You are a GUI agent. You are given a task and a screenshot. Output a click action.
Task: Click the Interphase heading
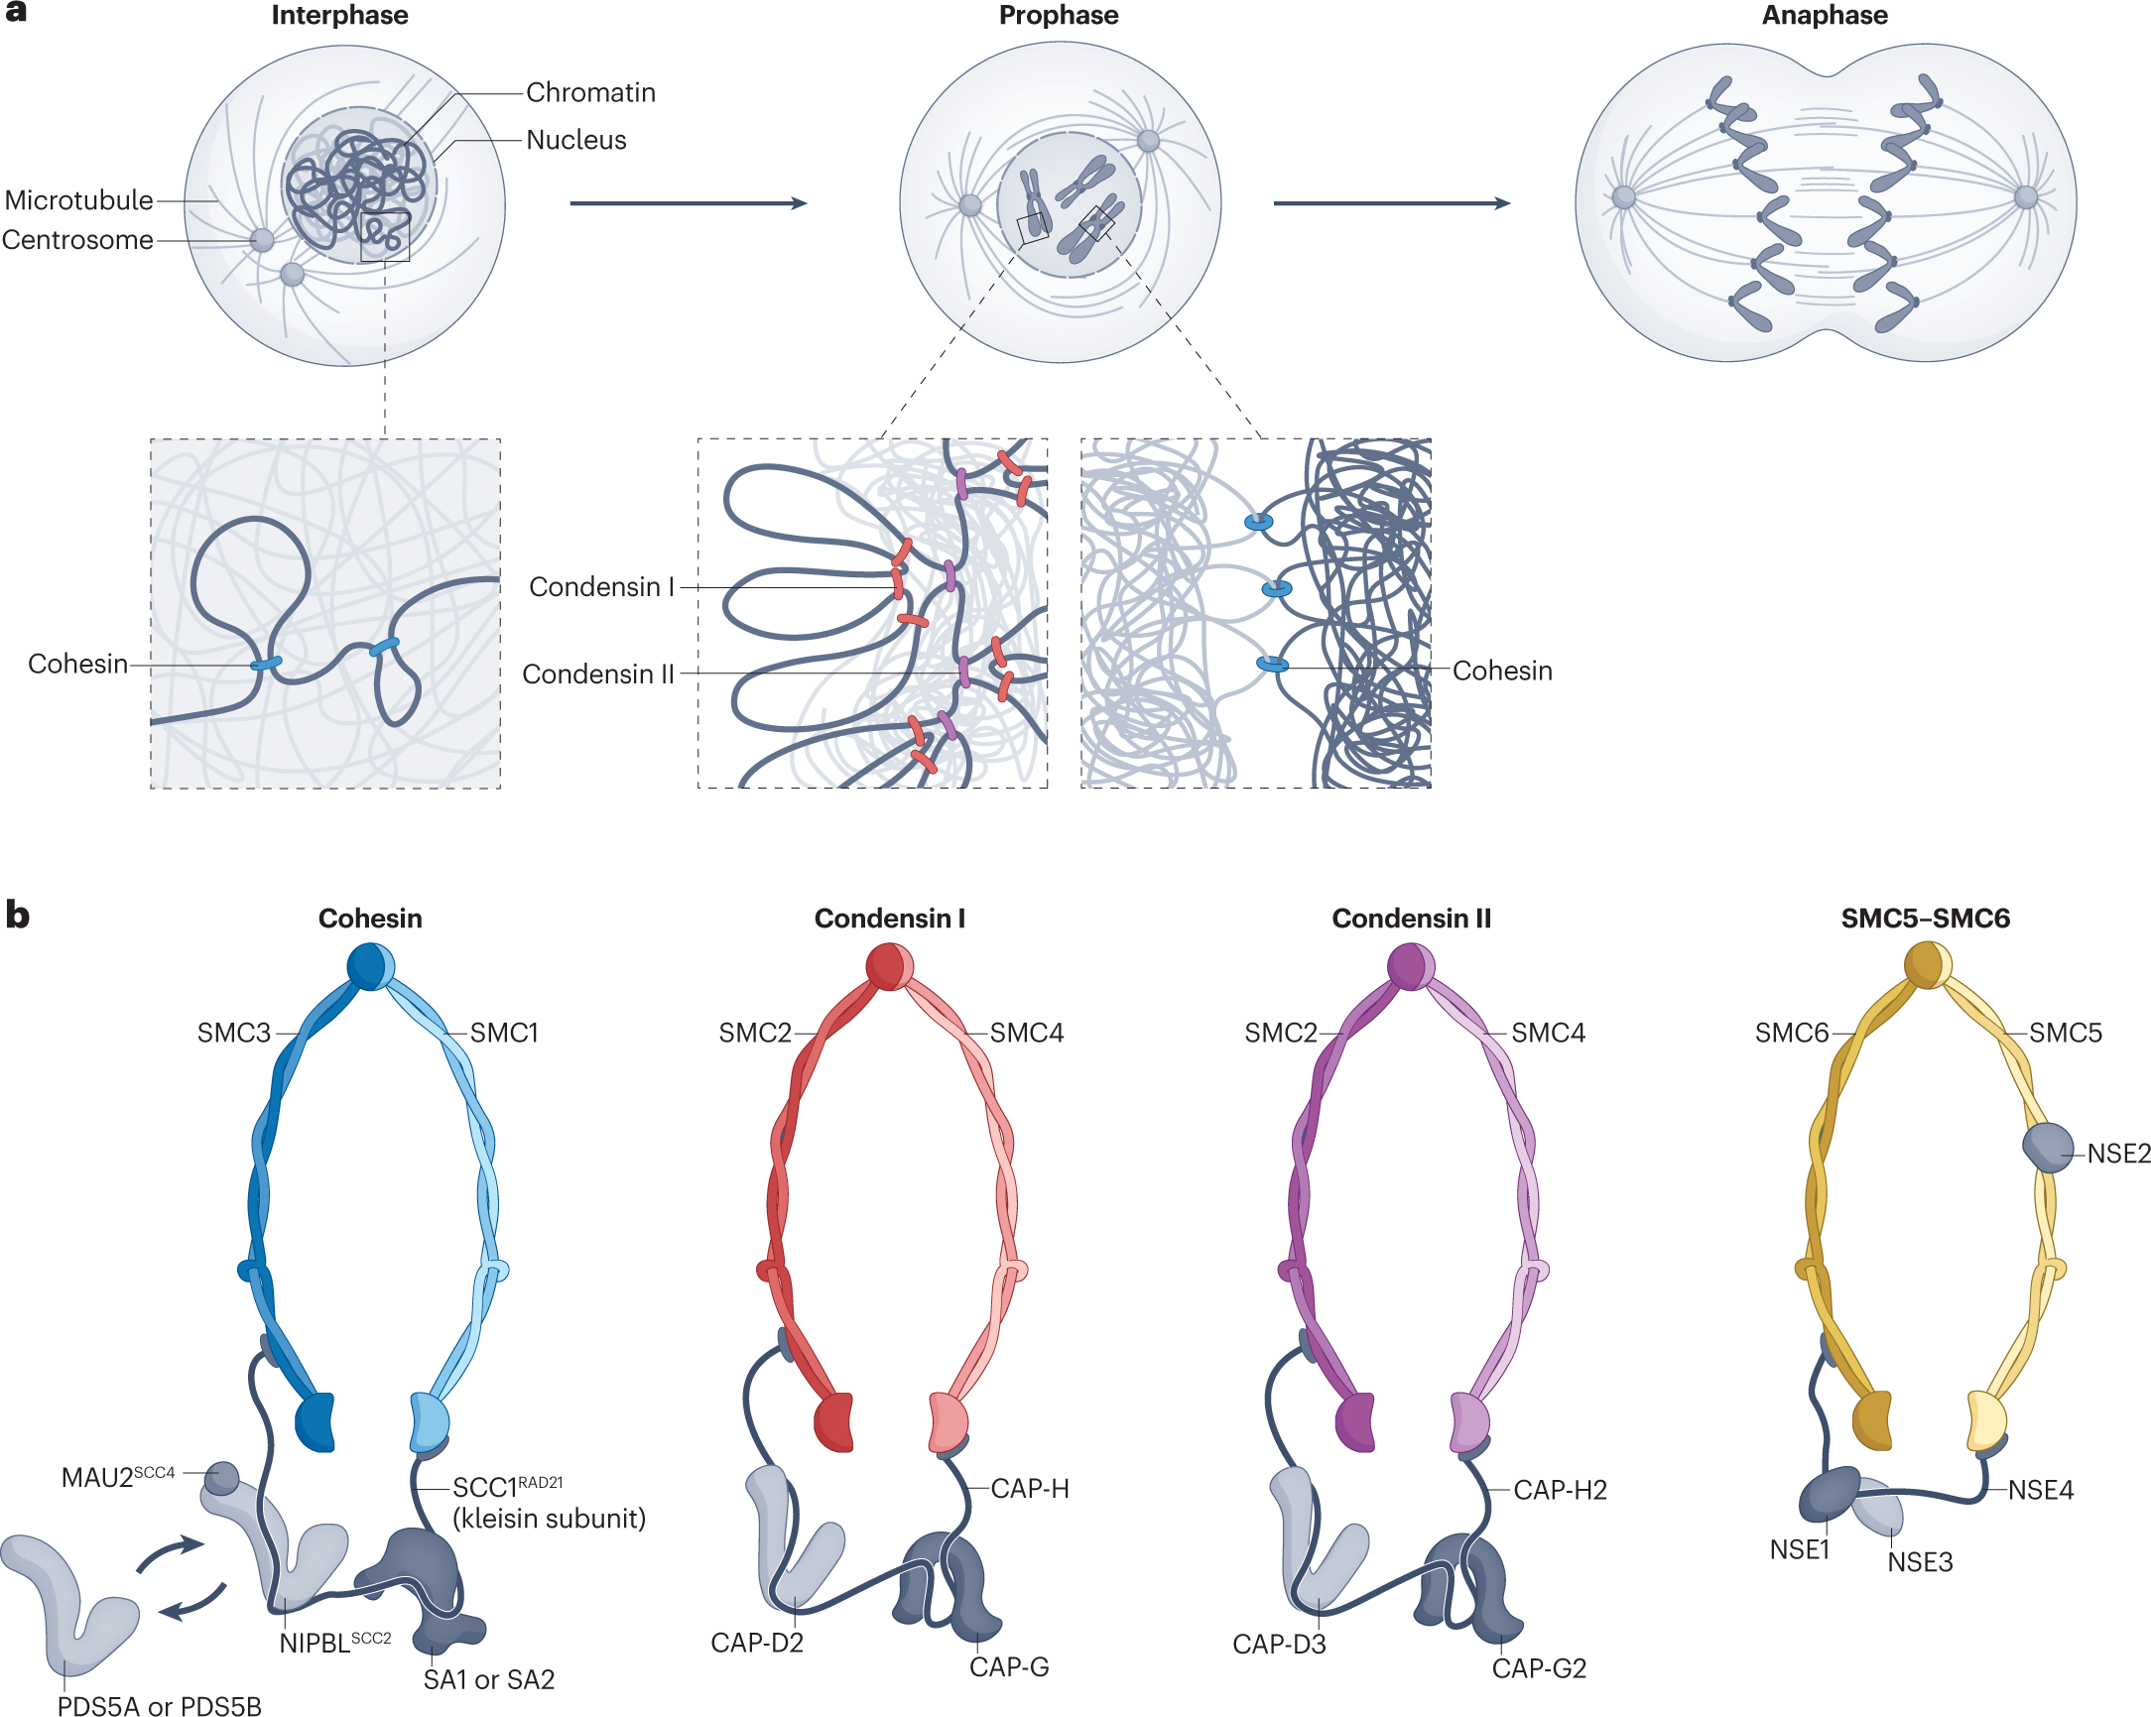[x=339, y=15]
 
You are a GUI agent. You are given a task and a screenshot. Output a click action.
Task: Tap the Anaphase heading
[x=1824, y=15]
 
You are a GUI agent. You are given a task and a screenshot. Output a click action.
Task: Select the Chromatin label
[x=590, y=93]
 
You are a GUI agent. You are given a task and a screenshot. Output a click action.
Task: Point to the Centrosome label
[x=77, y=240]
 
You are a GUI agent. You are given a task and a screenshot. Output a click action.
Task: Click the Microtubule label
[x=78, y=200]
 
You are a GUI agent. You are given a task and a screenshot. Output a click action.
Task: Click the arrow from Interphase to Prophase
[x=688, y=203]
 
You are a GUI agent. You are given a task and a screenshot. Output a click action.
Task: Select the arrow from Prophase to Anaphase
[x=1391, y=203]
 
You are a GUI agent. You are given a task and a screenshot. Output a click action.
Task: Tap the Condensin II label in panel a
[x=597, y=675]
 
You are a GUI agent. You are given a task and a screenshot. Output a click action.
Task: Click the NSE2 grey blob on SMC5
[x=2047, y=1148]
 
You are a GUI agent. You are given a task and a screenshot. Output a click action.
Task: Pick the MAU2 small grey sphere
[x=222, y=1477]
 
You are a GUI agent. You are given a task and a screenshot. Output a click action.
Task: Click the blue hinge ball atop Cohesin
[x=370, y=966]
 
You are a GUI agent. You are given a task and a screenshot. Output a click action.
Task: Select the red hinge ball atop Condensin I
[x=889, y=966]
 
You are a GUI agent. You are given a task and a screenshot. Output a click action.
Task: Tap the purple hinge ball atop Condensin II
[x=1411, y=966]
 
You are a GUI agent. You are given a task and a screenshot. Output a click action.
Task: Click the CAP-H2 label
[x=1560, y=1490]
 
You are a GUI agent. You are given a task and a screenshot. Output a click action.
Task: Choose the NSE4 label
[x=2040, y=1490]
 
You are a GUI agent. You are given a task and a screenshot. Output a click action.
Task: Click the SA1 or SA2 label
[x=489, y=1679]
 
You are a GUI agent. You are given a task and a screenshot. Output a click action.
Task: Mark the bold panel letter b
[x=17, y=914]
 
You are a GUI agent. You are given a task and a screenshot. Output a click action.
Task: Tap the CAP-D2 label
[x=756, y=1643]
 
